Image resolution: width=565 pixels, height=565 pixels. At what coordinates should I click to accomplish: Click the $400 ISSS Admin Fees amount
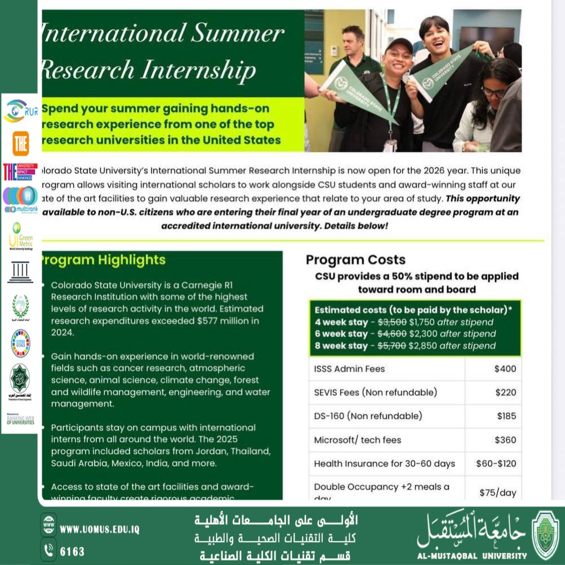tap(505, 369)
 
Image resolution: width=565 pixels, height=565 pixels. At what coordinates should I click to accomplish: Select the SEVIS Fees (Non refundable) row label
tap(375, 393)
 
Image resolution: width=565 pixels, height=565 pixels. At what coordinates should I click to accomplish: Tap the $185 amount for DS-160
tap(506, 416)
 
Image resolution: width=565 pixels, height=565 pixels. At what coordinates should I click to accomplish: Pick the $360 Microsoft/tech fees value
tap(505, 440)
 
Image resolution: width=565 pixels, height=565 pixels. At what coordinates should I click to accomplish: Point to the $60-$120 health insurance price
tap(496, 464)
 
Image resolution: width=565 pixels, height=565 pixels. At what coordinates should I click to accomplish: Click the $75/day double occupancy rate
tap(497, 492)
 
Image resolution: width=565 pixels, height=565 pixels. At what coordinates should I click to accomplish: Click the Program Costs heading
tap(355, 260)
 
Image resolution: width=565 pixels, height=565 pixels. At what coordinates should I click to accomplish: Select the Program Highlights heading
tap(103, 260)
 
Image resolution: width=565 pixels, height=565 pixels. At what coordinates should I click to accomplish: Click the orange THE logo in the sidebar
tap(21, 143)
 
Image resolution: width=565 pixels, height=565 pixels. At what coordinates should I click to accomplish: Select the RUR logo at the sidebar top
tap(20, 111)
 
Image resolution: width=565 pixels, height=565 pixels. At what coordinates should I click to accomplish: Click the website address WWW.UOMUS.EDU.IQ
tap(99, 530)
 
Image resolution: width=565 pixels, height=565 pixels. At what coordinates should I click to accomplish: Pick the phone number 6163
tap(72, 551)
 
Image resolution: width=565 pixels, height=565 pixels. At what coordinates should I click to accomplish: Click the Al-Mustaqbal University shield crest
tap(545, 535)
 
